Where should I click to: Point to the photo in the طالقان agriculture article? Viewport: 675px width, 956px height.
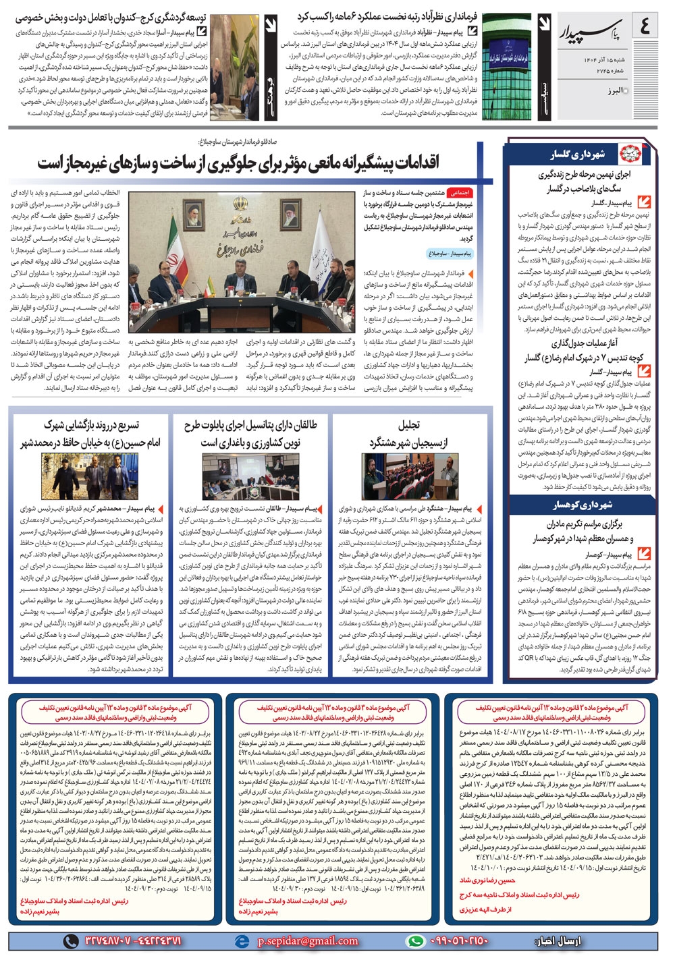tap(250, 476)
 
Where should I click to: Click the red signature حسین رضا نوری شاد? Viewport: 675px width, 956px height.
tap(487, 880)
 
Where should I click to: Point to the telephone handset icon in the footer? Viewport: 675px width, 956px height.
tap(70, 940)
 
